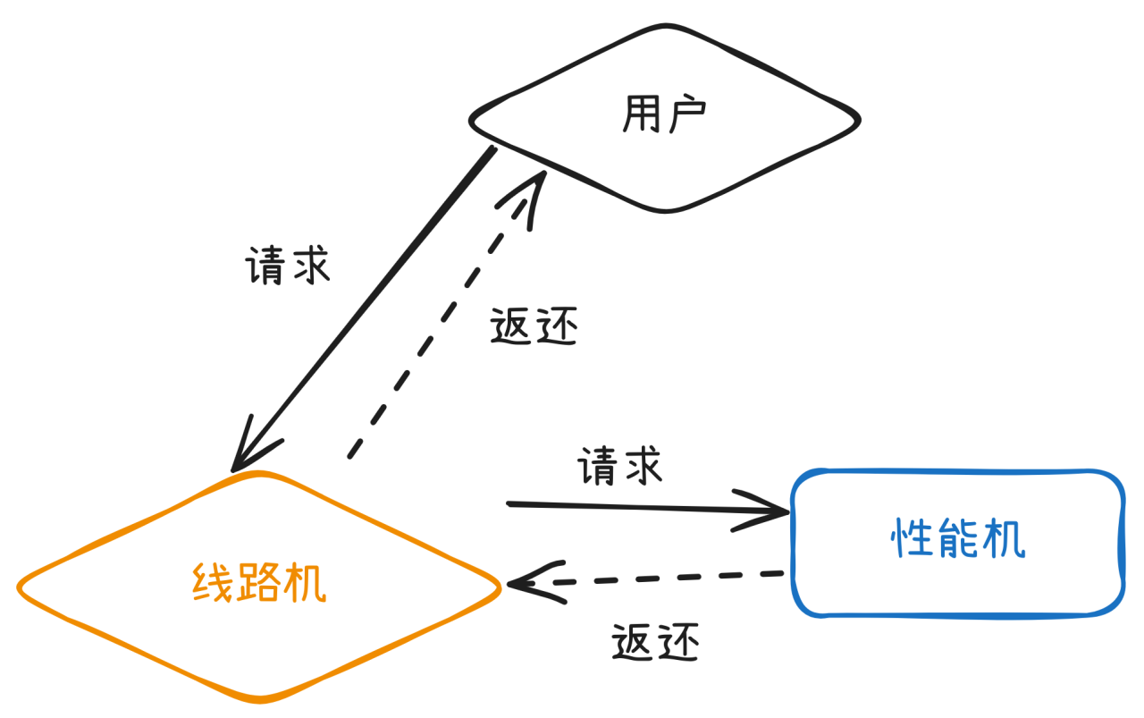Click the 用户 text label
(x=663, y=115)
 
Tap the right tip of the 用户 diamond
(x=859, y=119)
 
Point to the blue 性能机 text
(x=958, y=539)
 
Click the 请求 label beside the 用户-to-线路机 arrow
(x=288, y=266)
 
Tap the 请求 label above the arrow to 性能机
(x=620, y=467)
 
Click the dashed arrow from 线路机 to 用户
(x=438, y=322)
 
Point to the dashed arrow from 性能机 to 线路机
(x=661, y=579)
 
